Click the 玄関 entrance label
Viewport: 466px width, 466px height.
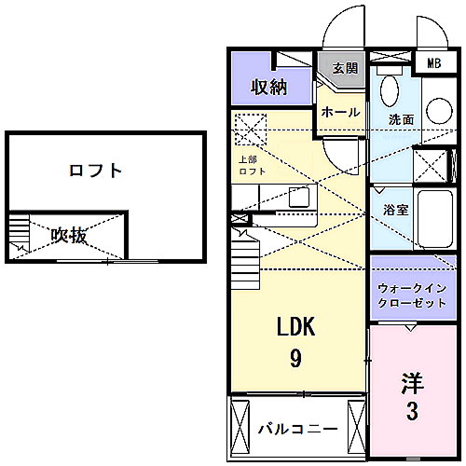click(x=346, y=68)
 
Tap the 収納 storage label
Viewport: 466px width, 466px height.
click(x=269, y=87)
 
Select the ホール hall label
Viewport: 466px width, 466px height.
click(x=340, y=112)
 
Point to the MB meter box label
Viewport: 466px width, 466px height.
click(x=434, y=63)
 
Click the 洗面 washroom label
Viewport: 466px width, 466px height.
click(x=401, y=119)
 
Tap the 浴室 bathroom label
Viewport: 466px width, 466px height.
click(x=395, y=210)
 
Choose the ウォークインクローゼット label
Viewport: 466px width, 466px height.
click(x=412, y=295)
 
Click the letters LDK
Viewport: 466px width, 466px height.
click(x=295, y=326)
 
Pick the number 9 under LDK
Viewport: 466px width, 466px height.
click(x=295, y=358)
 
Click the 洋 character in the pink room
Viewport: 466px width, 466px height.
click(x=413, y=383)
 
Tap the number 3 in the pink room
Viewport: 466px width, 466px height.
click(x=412, y=411)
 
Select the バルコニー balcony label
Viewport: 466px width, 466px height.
click(x=298, y=429)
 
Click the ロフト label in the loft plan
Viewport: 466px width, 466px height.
click(x=95, y=171)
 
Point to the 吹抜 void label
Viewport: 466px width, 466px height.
click(x=69, y=235)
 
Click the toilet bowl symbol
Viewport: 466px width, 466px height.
click(x=390, y=91)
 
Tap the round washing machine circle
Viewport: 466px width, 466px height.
click(x=439, y=111)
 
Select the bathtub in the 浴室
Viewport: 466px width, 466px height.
click(x=435, y=219)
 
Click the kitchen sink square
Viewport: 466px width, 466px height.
click(x=299, y=197)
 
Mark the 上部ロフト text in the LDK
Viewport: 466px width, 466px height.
click(x=253, y=165)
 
